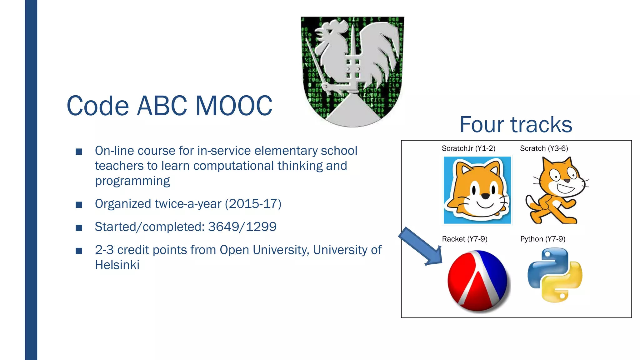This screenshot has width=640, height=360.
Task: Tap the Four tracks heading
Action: click(516, 125)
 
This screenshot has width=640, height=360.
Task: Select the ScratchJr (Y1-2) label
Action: click(468, 148)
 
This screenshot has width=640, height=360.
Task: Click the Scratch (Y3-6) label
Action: click(544, 148)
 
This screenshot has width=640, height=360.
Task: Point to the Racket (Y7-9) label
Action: click(464, 239)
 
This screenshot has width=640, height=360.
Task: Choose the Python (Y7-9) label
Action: click(542, 239)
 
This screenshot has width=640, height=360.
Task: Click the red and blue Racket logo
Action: click(477, 281)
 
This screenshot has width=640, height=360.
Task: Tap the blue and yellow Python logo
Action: click(555, 275)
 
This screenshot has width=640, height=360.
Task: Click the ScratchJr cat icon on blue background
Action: click(477, 190)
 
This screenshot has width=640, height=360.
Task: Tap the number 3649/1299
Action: click(242, 227)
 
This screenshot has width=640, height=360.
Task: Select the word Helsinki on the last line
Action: click(117, 265)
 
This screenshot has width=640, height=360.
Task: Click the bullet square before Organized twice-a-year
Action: click(79, 205)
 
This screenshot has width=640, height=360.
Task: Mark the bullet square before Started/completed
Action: click(79, 228)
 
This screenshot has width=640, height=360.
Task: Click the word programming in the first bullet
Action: click(132, 181)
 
